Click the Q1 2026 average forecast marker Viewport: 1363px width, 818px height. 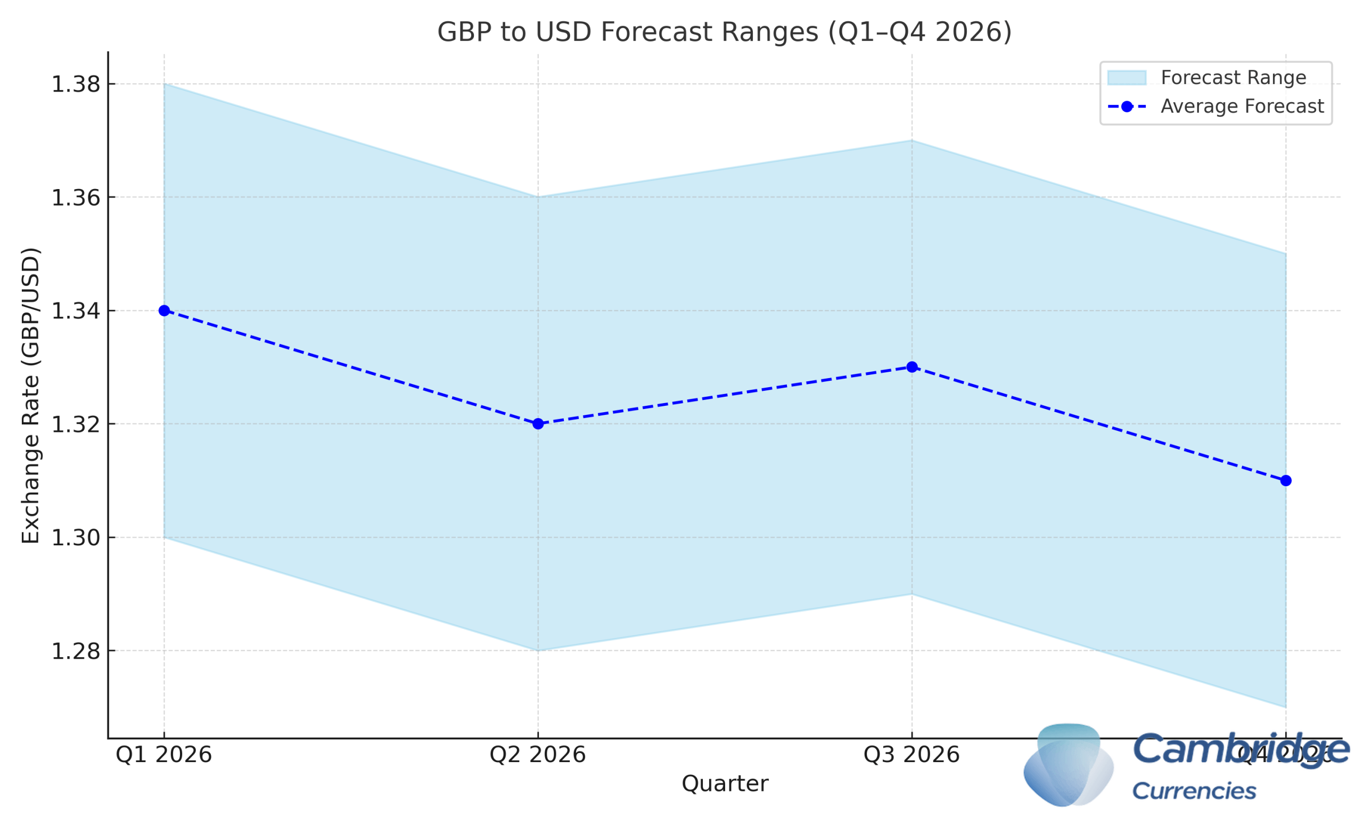tap(164, 310)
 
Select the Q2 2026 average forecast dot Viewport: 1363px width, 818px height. tap(538, 424)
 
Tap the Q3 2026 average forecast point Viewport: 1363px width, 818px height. tap(912, 367)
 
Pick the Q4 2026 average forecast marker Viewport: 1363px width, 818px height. tap(1286, 481)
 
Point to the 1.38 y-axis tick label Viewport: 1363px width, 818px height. tap(76, 84)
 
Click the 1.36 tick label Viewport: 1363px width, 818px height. tap(76, 198)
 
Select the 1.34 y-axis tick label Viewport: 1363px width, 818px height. tap(76, 311)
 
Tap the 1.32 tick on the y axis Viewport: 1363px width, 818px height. tap(76, 424)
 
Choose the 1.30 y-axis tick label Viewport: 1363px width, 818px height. tap(76, 537)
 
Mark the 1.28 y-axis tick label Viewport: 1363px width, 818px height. tap(76, 651)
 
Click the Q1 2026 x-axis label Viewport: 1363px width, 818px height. tap(163, 755)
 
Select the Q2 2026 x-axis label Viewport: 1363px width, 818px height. tap(538, 755)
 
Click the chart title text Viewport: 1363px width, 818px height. tap(725, 32)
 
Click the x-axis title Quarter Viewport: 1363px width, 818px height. tap(725, 783)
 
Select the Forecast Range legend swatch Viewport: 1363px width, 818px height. tap(1127, 78)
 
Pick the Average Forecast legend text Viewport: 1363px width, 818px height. tap(1242, 106)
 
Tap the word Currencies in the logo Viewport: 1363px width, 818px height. tap(1194, 791)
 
